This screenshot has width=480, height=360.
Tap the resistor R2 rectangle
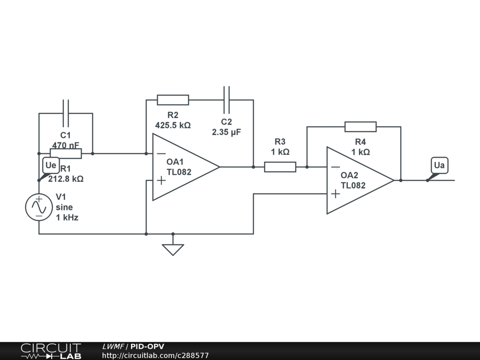point(173,100)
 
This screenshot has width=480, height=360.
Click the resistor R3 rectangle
point(280,167)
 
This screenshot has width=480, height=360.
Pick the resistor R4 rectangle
point(360,127)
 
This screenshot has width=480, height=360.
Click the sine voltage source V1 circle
point(39,207)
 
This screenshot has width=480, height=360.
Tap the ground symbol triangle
point(173,250)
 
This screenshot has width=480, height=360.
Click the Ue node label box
point(51,165)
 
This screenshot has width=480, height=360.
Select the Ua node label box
point(439,165)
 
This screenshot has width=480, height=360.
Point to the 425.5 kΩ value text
point(173,125)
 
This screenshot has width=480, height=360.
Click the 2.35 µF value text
point(226,132)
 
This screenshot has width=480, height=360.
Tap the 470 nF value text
point(66,145)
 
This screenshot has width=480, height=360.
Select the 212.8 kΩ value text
point(66,179)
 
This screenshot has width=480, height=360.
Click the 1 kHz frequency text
point(67,217)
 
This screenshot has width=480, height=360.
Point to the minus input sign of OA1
point(161,153)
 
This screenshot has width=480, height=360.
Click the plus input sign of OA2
point(335,194)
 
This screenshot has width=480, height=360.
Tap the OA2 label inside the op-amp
point(349,175)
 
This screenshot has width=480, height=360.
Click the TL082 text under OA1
point(179,172)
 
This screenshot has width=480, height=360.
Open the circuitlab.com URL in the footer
point(155,356)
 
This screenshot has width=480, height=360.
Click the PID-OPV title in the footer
point(147,346)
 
